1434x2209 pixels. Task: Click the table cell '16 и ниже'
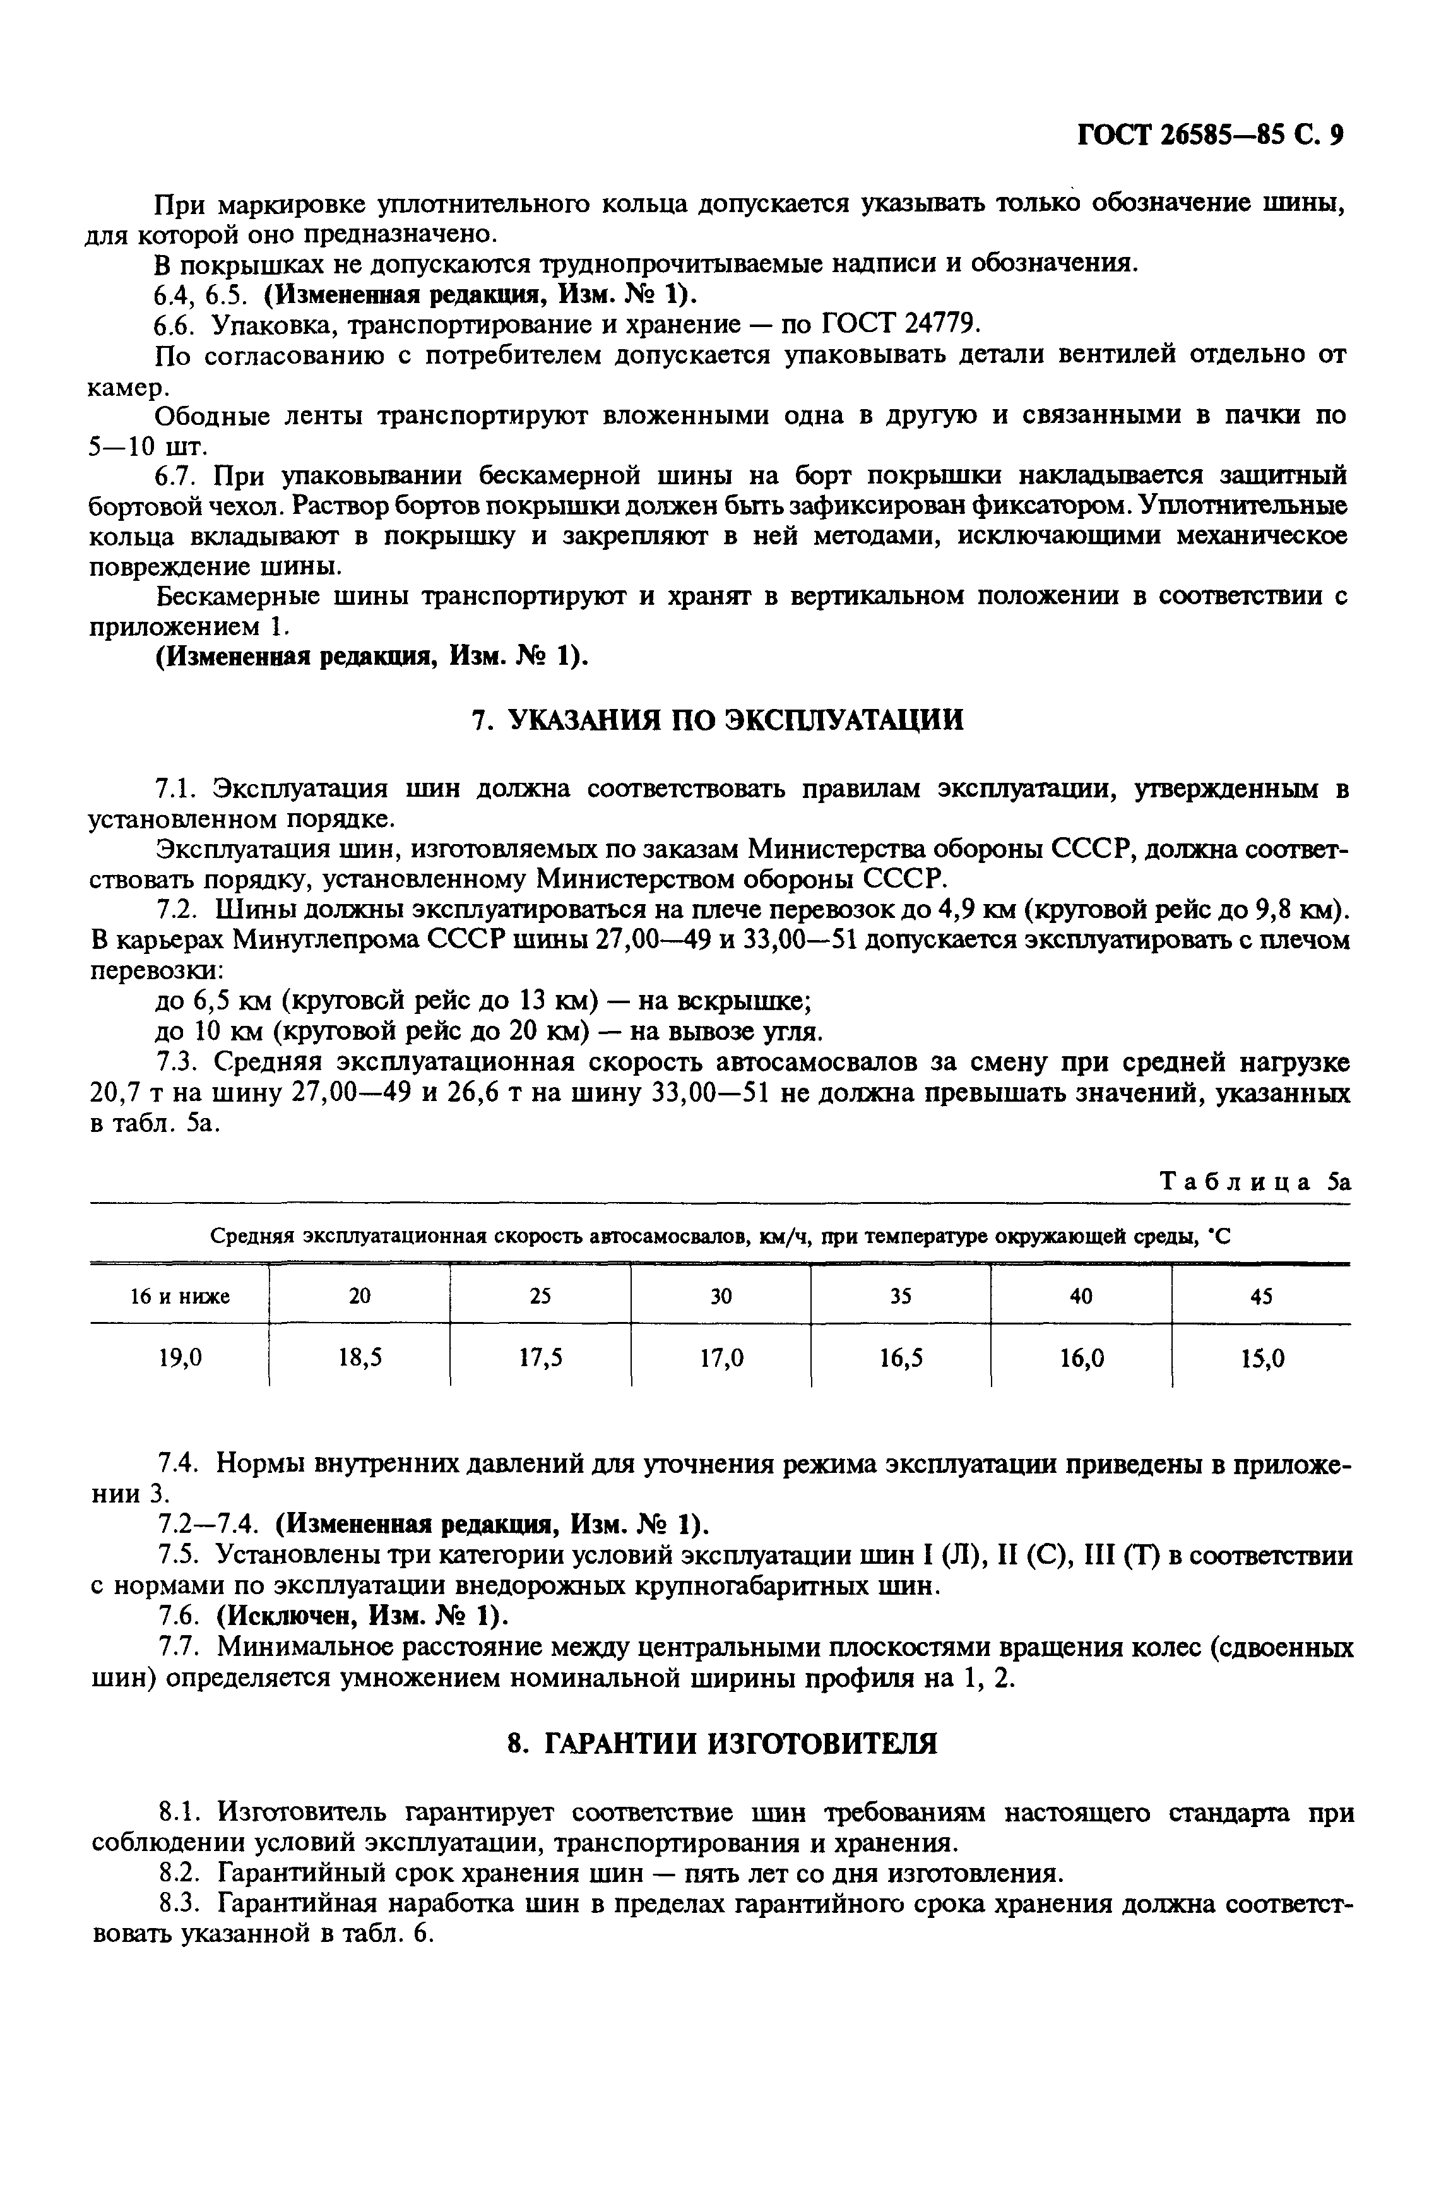pos(179,1295)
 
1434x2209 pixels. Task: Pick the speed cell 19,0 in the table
pos(179,1359)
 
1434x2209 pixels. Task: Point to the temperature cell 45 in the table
pos(1260,1295)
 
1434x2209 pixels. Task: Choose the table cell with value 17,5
pos(540,1359)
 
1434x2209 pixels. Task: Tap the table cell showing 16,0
pos(1081,1359)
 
